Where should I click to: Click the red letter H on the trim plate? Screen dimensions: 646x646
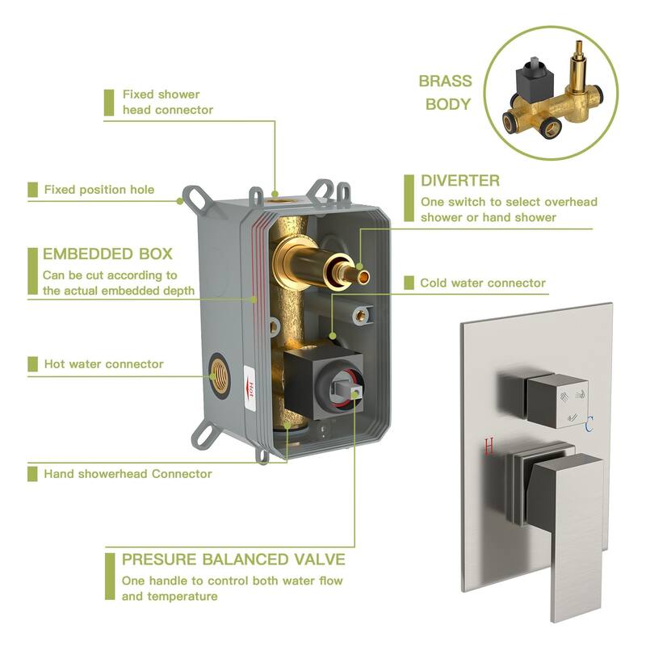(x=489, y=445)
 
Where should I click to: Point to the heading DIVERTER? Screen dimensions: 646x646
(x=460, y=180)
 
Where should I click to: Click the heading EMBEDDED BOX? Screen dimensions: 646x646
(x=107, y=254)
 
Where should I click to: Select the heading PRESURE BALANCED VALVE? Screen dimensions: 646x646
(x=233, y=559)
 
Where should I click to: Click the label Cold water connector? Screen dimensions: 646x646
(x=483, y=283)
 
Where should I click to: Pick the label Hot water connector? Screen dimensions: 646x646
(x=103, y=364)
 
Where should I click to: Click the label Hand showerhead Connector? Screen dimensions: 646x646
(x=128, y=473)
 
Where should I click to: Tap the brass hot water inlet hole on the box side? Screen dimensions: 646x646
(x=220, y=371)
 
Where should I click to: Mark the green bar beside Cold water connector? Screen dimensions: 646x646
(x=409, y=283)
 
